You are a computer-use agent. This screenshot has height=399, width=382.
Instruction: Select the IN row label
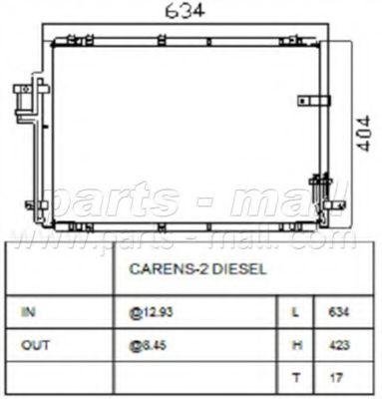point(29,311)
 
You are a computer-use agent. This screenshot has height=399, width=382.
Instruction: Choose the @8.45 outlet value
point(148,344)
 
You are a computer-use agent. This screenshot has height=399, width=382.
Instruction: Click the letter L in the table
point(295,312)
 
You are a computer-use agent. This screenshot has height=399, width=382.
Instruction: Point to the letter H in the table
point(295,344)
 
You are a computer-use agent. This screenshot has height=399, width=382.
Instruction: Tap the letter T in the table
point(295,377)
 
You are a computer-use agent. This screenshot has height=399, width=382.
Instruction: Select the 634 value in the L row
point(337,312)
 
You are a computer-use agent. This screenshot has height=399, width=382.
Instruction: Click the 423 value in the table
point(337,344)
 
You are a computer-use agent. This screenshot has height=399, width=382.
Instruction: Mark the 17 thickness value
point(335,377)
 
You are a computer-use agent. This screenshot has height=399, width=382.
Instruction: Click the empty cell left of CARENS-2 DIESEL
point(60,268)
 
